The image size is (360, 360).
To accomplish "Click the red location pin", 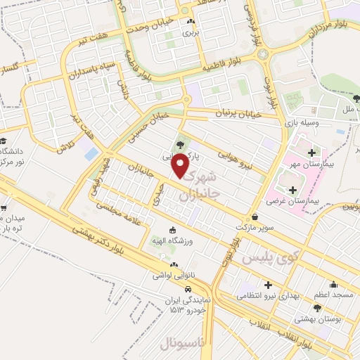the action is [181, 165].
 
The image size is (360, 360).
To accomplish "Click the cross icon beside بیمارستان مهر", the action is [311, 152].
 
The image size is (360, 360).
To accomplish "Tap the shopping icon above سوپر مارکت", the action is [254, 217].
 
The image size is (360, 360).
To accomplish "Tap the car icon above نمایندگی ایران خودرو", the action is [188, 289].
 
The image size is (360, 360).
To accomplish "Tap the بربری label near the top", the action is [191, 32].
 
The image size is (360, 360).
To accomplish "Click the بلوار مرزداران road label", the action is [310, 30].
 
